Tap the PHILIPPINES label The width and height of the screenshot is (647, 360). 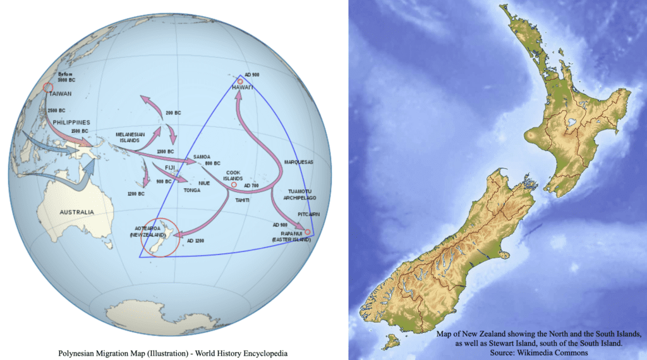tap(71, 122)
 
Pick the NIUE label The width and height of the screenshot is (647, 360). tap(203, 183)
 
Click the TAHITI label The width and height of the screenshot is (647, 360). tap(242, 200)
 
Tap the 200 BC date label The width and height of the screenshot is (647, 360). tap(172, 113)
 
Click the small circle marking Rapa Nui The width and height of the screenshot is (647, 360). tap(308, 232)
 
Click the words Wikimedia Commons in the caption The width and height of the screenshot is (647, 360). tap(556, 352)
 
